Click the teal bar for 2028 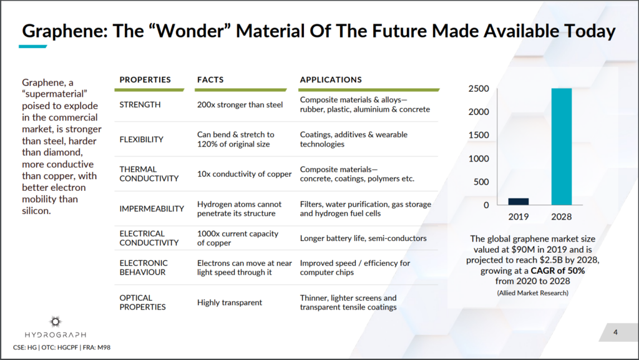point(562,147)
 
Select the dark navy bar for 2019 point(519,202)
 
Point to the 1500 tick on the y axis point(479,135)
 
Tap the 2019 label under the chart point(519,216)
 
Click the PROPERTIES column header point(145,80)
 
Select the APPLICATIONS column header point(331,80)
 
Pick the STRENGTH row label point(140,105)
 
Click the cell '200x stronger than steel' point(240,105)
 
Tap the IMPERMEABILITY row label point(152,209)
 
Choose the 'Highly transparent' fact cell point(230,303)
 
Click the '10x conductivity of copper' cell point(245,174)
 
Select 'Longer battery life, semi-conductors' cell point(363,238)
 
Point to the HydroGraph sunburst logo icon point(56,322)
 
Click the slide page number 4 point(615,333)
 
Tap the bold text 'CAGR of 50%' point(557,271)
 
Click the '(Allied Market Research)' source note point(533,293)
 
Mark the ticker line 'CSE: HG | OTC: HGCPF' point(46,348)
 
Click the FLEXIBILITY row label point(141,140)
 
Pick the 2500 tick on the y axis point(479,89)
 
